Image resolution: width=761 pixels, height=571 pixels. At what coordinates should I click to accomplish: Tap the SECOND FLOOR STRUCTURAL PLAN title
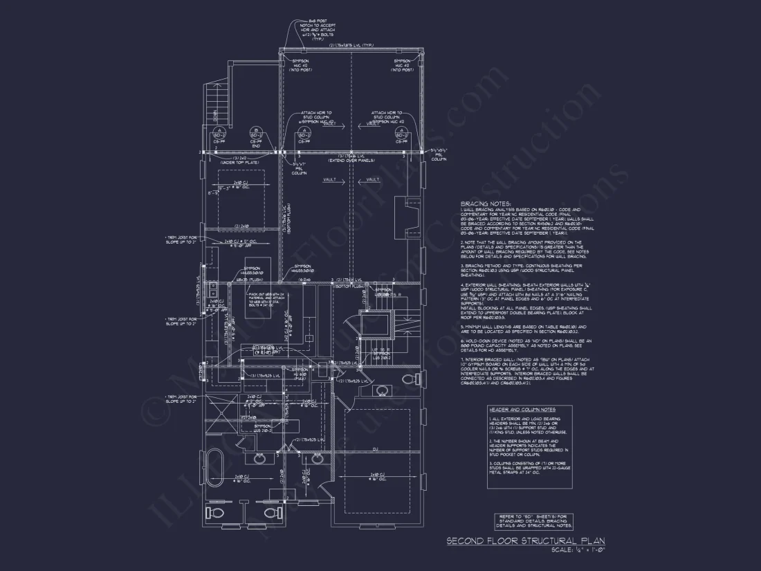click(x=527, y=540)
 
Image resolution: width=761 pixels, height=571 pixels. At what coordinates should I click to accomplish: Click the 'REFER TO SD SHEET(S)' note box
click(x=535, y=521)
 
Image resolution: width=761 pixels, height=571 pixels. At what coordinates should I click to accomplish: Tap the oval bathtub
click(x=211, y=460)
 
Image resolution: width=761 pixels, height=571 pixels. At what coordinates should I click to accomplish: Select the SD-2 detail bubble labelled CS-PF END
click(x=255, y=136)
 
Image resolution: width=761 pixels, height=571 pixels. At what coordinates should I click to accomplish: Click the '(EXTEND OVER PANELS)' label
click(x=351, y=160)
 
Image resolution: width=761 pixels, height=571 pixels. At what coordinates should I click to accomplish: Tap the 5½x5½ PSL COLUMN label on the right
click(x=439, y=154)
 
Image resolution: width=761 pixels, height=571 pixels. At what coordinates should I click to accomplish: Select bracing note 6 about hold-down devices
click(x=526, y=345)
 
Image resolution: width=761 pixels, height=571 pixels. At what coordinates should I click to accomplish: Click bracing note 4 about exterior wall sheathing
click(x=526, y=296)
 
